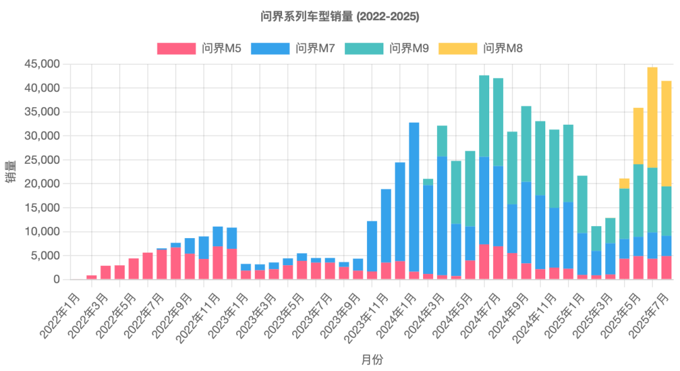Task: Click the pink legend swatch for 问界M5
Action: click(x=176, y=49)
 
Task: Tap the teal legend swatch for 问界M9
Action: click(x=364, y=49)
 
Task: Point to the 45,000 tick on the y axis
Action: click(x=42, y=64)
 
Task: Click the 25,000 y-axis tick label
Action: click(x=42, y=160)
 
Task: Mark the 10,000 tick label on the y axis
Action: click(x=42, y=232)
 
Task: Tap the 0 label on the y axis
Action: click(x=56, y=279)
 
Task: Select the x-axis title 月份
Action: click(x=371, y=360)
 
